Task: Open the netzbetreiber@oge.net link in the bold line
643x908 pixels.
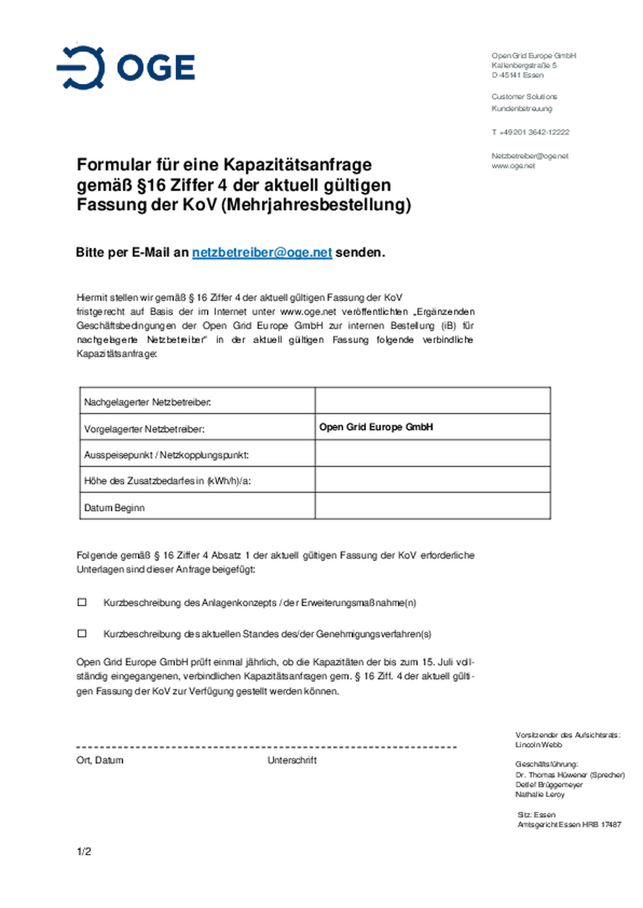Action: click(x=262, y=253)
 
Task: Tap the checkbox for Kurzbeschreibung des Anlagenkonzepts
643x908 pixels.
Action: click(x=82, y=602)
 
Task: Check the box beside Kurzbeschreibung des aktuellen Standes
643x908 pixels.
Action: click(x=82, y=633)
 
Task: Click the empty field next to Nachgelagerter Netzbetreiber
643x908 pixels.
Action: click(x=432, y=400)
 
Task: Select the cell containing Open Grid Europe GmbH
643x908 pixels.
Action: click(x=432, y=427)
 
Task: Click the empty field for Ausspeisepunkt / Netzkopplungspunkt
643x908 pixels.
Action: click(x=432, y=453)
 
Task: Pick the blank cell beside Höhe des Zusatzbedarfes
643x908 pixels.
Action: click(x=432, y=479)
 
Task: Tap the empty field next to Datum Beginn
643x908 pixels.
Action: click(x=432, y=506)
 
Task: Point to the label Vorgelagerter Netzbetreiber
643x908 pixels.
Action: click(x=144, y=429)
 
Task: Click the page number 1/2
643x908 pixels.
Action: click(x=84, y=851)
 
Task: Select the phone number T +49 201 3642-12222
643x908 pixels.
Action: click(x=530, y=132)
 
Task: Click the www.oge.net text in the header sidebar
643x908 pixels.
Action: click(x=513, y=166)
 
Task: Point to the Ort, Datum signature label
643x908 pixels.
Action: click(x=100, y=760)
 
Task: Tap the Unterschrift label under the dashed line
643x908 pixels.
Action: click(x=292, y=760)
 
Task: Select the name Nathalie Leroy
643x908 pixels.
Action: click(x=540, y=795)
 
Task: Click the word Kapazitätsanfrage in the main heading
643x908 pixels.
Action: click(x=297, y=165)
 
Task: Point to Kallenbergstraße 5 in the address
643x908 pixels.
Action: click(x=524, y=66)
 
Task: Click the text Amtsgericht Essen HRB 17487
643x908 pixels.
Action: click(x=569, y=825)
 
